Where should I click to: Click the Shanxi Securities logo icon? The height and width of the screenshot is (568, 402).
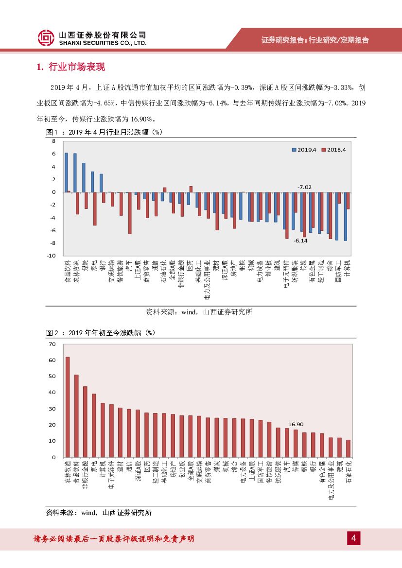point(46,38)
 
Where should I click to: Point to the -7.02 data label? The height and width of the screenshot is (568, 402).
point(304,187)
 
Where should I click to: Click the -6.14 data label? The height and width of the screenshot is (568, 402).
point(301,241)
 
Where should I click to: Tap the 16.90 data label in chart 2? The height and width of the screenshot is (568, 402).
point(296,424)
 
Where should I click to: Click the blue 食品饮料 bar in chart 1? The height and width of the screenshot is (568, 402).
point(66,172)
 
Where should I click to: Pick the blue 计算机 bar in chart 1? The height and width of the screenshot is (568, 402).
point(346,216)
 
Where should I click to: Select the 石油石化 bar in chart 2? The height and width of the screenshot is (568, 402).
point(348,448)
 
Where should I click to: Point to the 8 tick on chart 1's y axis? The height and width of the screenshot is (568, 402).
point(53,141)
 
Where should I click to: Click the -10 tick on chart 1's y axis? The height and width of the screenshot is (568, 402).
point(52,256)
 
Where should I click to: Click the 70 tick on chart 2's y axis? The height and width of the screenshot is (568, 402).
point(52,344)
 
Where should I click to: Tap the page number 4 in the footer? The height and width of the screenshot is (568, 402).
point(353,538)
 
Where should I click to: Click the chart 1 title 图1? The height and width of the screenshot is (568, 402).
point(52,132)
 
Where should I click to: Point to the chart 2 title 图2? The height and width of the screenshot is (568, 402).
point(52,333)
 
